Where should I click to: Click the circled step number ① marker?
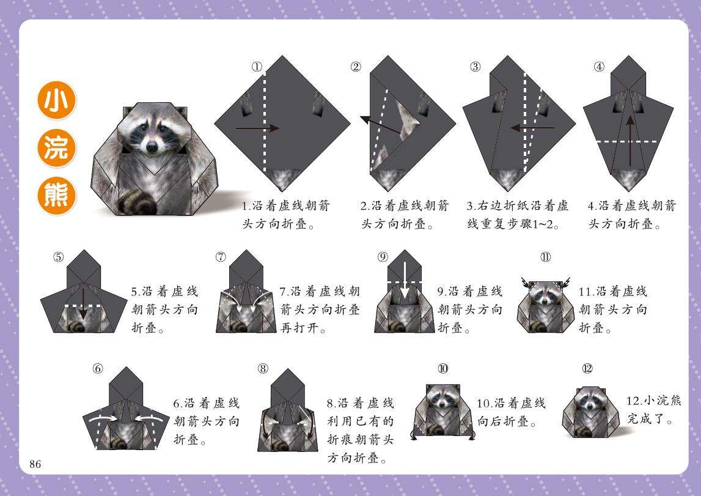pyautogui.click(x=257, y=67)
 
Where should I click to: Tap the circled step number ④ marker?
pyautogui.click(x=598, y=67)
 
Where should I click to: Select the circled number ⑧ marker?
pyautogui.click(x=263, y=369)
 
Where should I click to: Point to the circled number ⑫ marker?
pyautogui.click(x=587, y=369)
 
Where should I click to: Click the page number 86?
pyautogui.click(x=35, y=464)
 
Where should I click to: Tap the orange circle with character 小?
pyautogui.click(x=56, y=100)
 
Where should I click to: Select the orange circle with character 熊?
pyautogui.click(x=56, y=196)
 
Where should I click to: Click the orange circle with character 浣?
pyautogui.click(x=56, y=147)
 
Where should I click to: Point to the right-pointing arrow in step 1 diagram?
pyautogui.click(x=257, y=128)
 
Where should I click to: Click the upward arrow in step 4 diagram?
pyautogui.click(x=630, y=141)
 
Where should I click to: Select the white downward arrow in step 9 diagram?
pyautogui.click(x=405, y=280)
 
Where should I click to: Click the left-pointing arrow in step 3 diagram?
pyautogui.click(x=532, y=128)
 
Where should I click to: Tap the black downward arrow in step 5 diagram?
pyautogui.click(x=83, y=304)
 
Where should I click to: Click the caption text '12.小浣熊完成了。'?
pyautogui.click(x=653, y=410)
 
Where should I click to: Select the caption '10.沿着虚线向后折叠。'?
pyautogui.click(x=512, y=412)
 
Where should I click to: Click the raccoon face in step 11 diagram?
pyautogui.click(x=545, y=293)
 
